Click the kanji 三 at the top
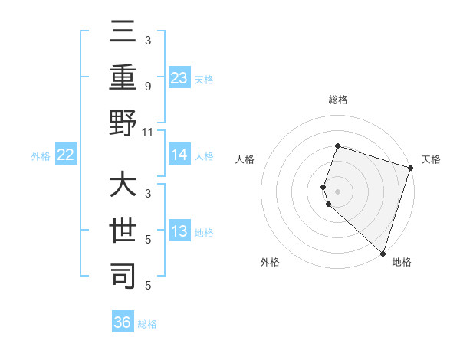point(123,35)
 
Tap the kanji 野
point(123,124)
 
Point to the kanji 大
point(123,187)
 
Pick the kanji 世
point(123,231)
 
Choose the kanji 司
point(123,275)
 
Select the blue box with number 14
point(179,155)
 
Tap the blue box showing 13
point(179,231)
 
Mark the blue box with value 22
point(65,155)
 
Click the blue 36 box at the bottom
point(123,322)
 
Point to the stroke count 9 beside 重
point(147,86)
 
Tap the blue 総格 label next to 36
point(147,324)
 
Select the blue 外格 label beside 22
point(41,156)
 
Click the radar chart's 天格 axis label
point(431,159)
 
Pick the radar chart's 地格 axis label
point(402,262)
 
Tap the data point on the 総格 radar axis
point(337,146)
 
